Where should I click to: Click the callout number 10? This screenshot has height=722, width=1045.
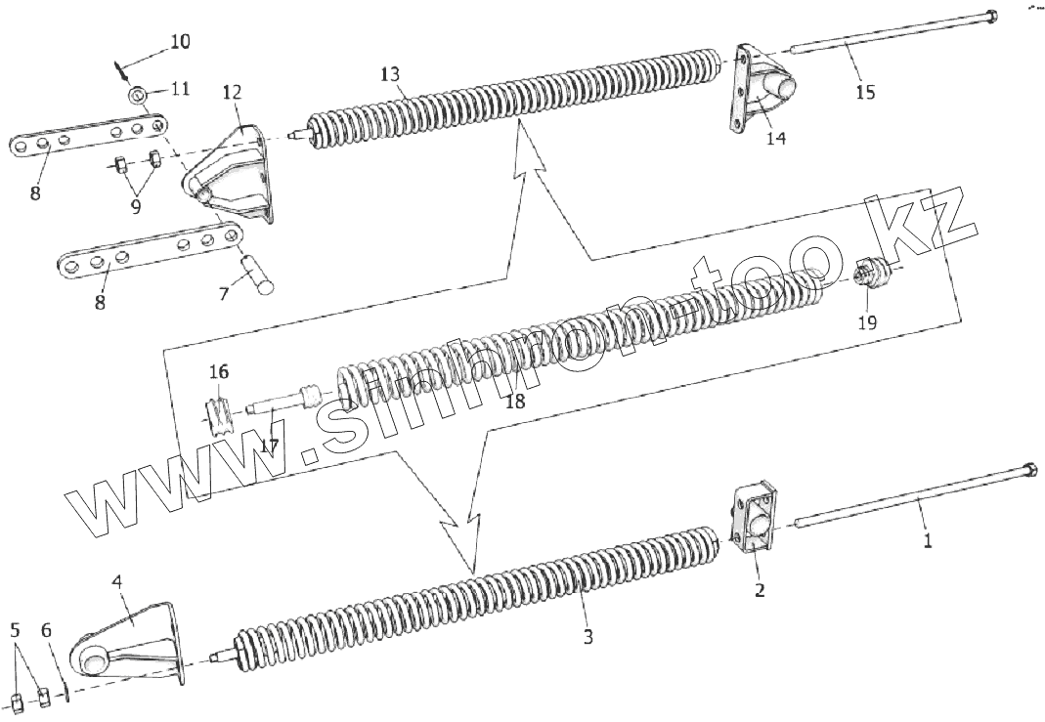(x=180, y=42)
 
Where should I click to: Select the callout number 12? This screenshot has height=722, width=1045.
(x=232, y=93)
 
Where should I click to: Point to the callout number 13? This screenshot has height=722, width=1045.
(x=390, y=75)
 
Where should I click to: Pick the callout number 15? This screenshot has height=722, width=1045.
(x=865, y=93)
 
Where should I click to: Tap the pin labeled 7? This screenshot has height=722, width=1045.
(x=262, y=273)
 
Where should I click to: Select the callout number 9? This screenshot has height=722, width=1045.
(x=135, y=206)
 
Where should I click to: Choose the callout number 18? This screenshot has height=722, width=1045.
(x=515, y=402)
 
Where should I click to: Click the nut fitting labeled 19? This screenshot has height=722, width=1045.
(x=869, y=273)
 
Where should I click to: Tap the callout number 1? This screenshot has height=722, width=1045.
(x=928, y=538)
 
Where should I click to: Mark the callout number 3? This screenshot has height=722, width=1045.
(x=587, y=637)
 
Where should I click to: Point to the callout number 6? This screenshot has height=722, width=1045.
(x=46, y=630)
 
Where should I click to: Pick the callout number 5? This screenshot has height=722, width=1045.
(x=14, y=630)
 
